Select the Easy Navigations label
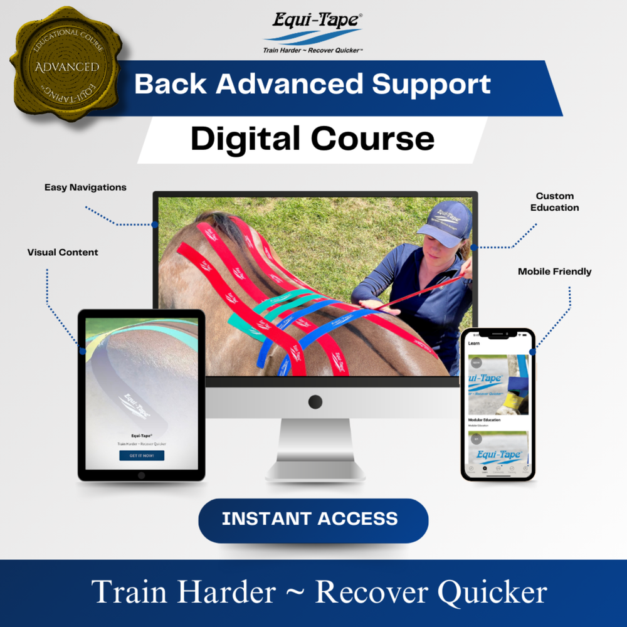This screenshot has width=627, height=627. pyautogui.click(x=85, y=187)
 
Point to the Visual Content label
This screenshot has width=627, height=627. pyautogui.click(x=63, y=252)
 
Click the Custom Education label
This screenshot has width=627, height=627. pyautogui.click(x=555, y=202)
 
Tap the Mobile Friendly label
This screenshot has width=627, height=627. pyautogui.click(x=554, y=271)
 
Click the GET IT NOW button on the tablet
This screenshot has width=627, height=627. pyautogui.click(x=142, y=455)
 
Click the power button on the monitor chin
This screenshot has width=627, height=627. pyautogui.click(x=315, y=402)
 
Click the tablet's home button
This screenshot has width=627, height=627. pyautogui.click(x=142, y=475)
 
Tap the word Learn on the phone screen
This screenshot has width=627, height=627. pyautogui.click(x=474, y=344)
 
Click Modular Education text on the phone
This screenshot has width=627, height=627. pyautogui.click(x=485, y=420)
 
